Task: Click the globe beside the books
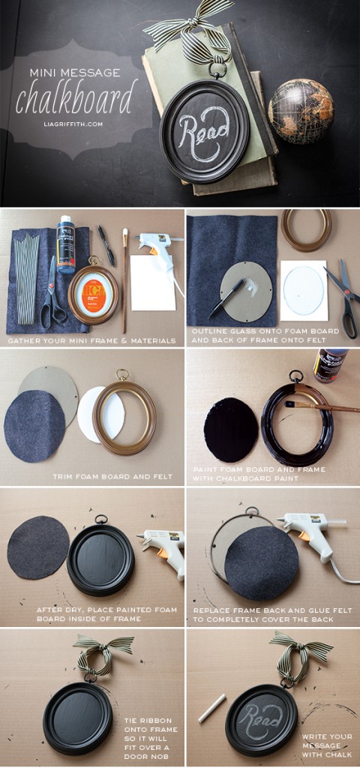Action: click(x=301, y=110)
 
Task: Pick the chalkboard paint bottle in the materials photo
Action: click(x=66, y=244)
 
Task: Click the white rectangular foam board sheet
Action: click(x=153, y=282)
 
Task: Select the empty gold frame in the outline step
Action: click(x=306, y=229)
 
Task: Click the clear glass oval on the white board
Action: click(x=304, y=289)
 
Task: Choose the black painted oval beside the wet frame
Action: click(x=230, y=429)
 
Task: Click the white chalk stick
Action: click(x=212, y=707)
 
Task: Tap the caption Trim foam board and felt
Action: click(x=112, y=476)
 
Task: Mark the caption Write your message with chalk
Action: click(x=327, y=745)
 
